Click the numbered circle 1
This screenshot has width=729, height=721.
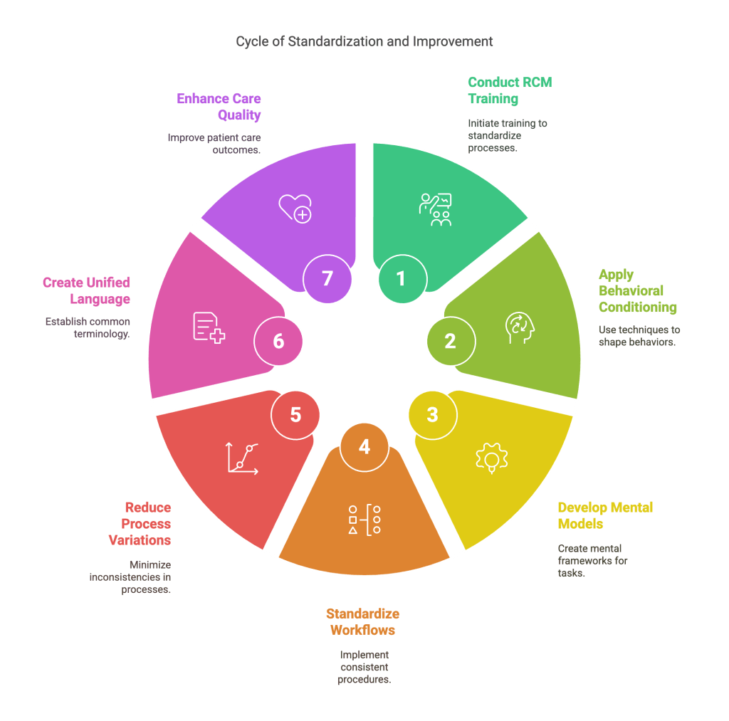pos(402,278)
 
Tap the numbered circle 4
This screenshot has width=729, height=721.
pos(364,447)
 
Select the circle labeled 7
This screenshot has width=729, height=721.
pos(327,278)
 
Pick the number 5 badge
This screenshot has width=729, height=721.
pos(295,414)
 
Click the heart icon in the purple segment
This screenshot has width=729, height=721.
pos(295,208)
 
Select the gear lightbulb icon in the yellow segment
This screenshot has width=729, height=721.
pos(492,458)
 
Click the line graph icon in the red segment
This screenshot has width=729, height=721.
pos(241,458)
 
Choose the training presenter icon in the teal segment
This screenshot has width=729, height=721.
pos(435,209)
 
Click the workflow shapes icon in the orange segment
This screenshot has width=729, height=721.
pos(364,520)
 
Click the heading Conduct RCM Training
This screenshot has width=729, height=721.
pos(509,90)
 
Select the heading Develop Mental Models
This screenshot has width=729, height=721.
pos(605,516)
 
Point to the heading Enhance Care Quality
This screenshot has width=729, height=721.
pos(219,107)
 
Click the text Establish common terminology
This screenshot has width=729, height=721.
pos(88,327)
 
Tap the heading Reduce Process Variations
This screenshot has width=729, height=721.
pos(140,524)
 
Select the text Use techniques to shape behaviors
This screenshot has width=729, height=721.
pos(639,336)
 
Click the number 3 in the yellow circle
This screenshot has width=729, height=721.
pos(433,414)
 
